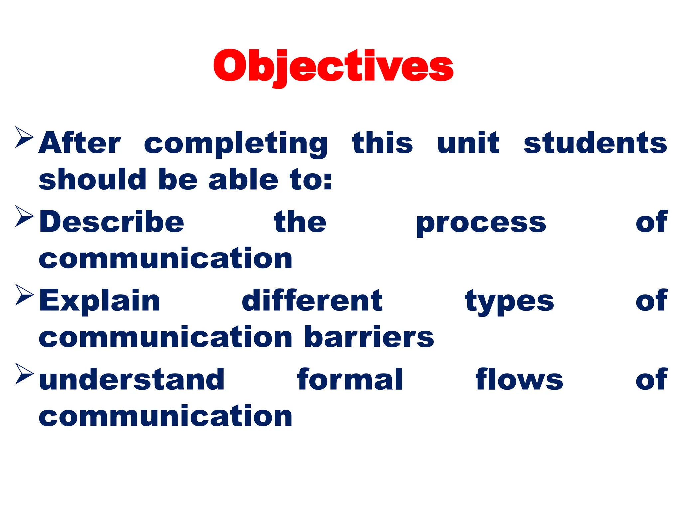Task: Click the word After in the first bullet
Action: click(x=79, y=143)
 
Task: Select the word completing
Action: click(x=236, y=144)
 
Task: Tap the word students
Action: click(x=595, y=143)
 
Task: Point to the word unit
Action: click(x=468, y=143)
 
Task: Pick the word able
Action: click(x=243, y=180)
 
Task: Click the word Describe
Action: click(x=111, y=222)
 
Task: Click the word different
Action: click(x=312, y=301)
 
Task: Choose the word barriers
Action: click(x=369, y=337)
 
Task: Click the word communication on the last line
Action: click(x=165, y=416)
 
